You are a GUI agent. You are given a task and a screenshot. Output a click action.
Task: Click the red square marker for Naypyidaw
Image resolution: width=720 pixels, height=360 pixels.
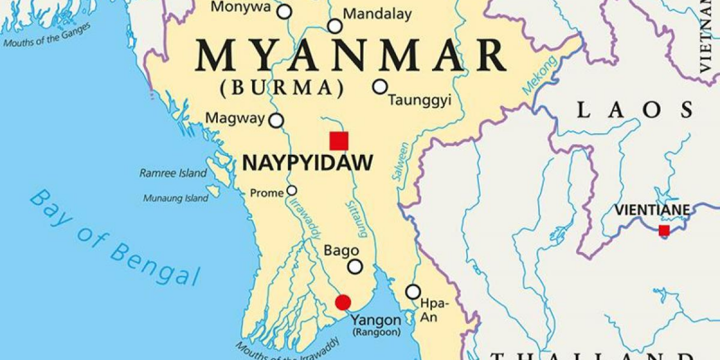click(339, 141)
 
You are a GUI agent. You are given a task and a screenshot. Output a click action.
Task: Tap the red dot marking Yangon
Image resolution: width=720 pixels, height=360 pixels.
click(343, 303)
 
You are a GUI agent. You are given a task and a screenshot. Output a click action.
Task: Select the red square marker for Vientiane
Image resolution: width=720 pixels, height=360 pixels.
click(664, 231)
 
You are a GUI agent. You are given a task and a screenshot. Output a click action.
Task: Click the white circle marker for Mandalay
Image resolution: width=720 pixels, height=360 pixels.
click(335, 27)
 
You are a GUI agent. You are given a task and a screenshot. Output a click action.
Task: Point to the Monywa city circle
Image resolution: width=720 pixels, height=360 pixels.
click(285, 11)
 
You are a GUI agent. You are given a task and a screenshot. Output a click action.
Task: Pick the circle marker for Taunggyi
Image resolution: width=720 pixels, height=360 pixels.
click(380, 87)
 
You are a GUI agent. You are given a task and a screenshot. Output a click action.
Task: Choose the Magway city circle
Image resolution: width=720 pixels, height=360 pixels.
click(276, 120)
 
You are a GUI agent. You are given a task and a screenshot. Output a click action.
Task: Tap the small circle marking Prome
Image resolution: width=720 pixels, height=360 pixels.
click(292, 191)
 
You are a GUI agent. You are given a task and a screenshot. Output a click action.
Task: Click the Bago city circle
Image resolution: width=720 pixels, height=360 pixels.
click(356, 267)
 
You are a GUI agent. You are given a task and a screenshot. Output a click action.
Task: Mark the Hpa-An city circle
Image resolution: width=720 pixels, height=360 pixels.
click(413, 292)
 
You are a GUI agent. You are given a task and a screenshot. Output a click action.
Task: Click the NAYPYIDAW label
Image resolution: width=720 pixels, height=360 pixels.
click(308, 163)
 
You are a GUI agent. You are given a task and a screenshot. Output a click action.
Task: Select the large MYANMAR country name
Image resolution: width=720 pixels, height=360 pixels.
click(351, 56)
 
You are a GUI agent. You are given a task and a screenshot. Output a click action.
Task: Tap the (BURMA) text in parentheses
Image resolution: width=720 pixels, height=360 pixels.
click(286, 87)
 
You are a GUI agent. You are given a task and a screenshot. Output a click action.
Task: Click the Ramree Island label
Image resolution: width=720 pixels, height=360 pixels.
click(173, 173)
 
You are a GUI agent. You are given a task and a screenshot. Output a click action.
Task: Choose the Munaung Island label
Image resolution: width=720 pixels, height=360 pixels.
click(176, 198)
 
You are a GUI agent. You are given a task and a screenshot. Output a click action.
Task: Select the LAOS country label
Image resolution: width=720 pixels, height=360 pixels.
click(634, 111)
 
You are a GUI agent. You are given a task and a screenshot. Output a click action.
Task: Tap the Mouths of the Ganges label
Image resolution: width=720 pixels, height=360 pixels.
click(47, 35)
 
